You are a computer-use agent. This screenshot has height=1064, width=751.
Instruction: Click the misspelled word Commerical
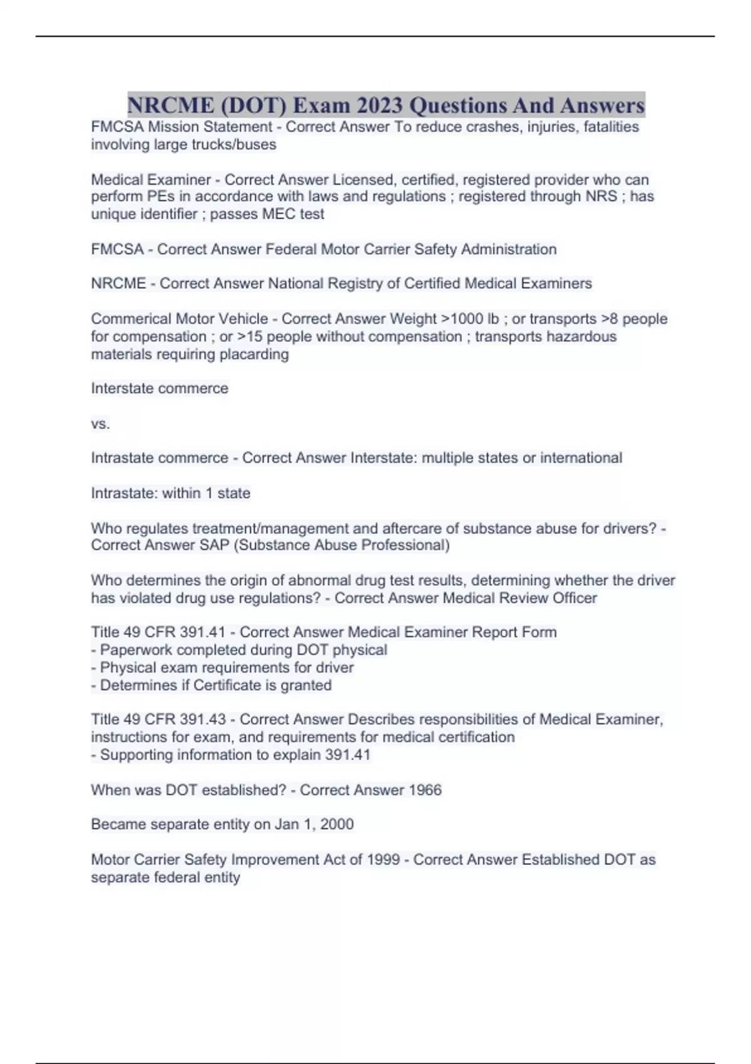[131, 319]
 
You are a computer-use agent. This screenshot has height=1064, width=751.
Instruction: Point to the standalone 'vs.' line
[100, 424]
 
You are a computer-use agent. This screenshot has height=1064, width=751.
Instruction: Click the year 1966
[425, 790]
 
